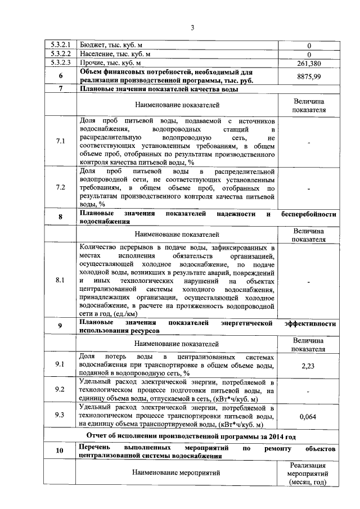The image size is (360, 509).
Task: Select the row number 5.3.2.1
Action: (60, 44)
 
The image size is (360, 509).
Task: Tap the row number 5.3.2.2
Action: (60, 53)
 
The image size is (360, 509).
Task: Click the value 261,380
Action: (309, 63)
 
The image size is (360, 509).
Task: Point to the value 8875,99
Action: (309, 76)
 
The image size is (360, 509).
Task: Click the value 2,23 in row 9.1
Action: (309, 365)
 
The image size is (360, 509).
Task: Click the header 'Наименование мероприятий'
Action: (177, 473)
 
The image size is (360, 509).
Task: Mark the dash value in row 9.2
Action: (309, 390)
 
